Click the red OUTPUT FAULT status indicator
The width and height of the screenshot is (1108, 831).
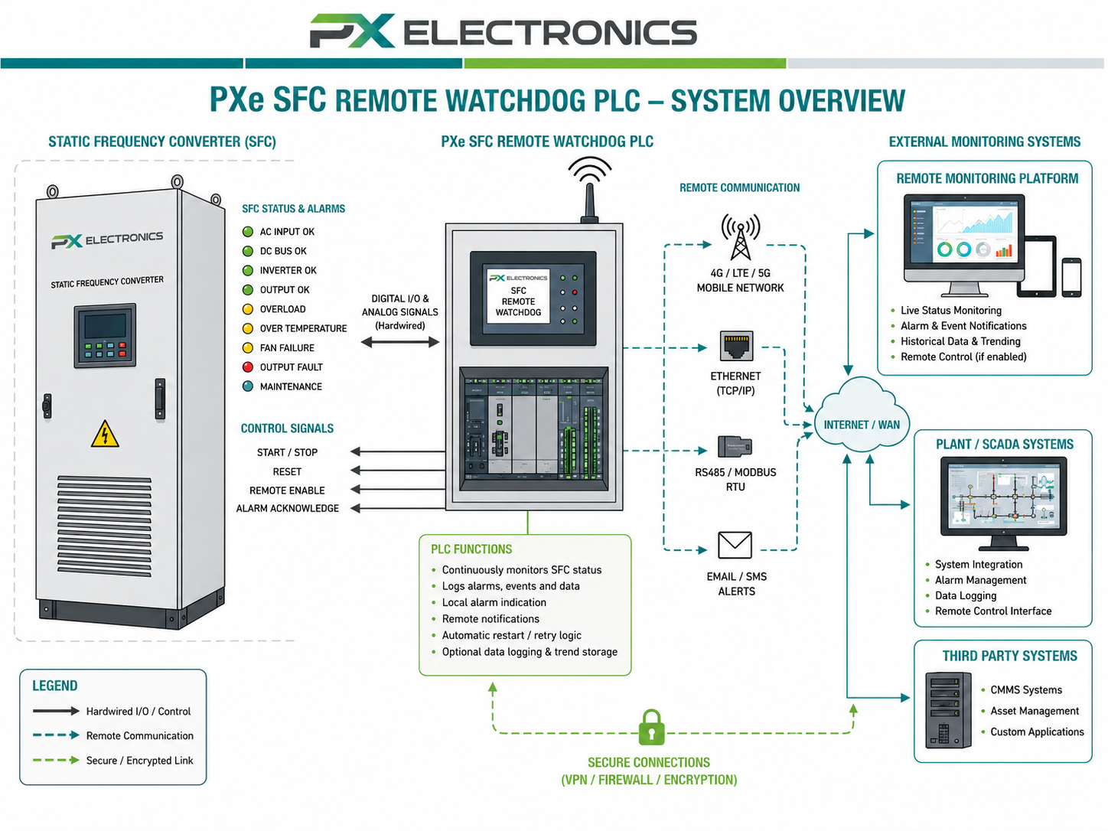[247, 367]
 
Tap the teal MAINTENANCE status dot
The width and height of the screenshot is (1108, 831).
[247, 386]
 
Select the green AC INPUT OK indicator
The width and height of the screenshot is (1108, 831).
[247, 232]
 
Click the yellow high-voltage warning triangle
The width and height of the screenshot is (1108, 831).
[105, 435]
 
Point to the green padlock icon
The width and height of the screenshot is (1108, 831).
[651, 728]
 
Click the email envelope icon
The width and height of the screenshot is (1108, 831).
[735, 545]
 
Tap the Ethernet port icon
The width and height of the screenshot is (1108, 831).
[736, 346]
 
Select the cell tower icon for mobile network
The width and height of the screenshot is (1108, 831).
[740, 236]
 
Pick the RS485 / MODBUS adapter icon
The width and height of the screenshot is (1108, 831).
[735, 446]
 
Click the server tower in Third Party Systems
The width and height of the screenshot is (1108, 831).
[948, 710]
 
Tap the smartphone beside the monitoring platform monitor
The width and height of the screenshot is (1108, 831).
[1071, 277]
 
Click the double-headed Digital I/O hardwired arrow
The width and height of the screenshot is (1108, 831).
[399, 342]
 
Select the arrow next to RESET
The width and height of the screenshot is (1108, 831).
[398, 471]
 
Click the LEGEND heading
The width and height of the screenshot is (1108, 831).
[55, 686]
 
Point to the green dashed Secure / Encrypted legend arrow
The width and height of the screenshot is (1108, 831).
[56, 760]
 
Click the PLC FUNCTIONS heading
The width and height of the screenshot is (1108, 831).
[471, 549]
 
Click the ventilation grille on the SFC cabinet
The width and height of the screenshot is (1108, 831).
[104, 525]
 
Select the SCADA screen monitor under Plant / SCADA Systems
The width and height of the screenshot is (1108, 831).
[1003, 503]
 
